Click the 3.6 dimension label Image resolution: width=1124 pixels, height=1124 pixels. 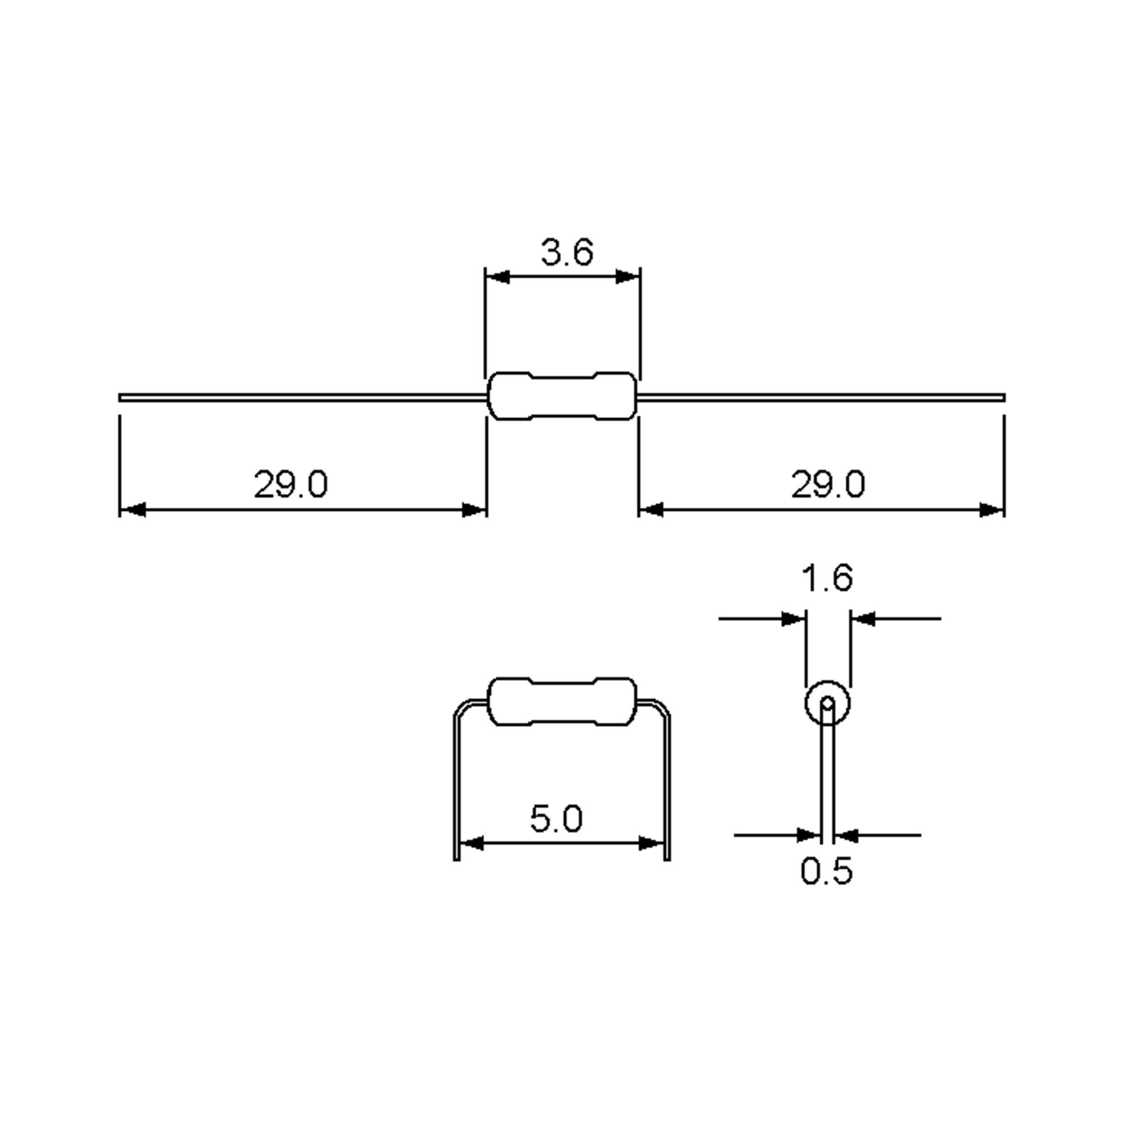tap(567, 252)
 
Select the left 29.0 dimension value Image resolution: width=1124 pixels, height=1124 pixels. tap(290, 484)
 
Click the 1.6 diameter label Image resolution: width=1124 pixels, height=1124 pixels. tap(827, 578)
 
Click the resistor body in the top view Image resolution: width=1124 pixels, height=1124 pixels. tap(562, 396)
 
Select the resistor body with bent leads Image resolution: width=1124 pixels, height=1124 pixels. tap(562, 702)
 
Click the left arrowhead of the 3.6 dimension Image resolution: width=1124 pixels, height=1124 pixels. tap(498, 277)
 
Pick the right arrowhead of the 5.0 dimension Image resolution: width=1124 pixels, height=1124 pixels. tap(651, 843)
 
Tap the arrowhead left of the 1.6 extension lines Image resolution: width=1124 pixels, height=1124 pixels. tap(792, 619)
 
